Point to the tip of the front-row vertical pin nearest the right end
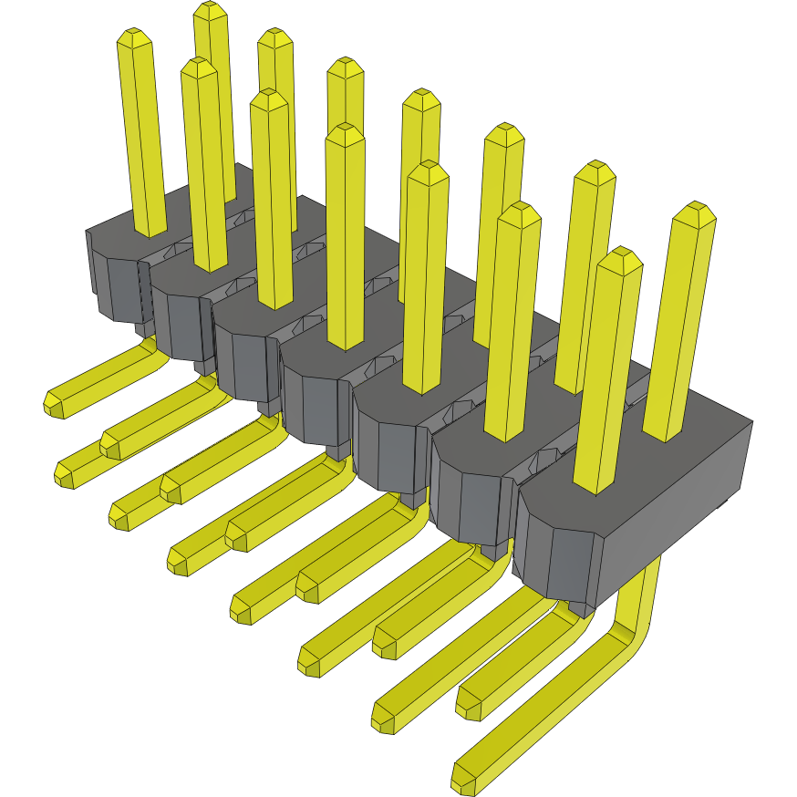click(619, 257)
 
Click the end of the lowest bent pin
click(464, 777)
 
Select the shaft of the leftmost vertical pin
click(143, 137)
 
